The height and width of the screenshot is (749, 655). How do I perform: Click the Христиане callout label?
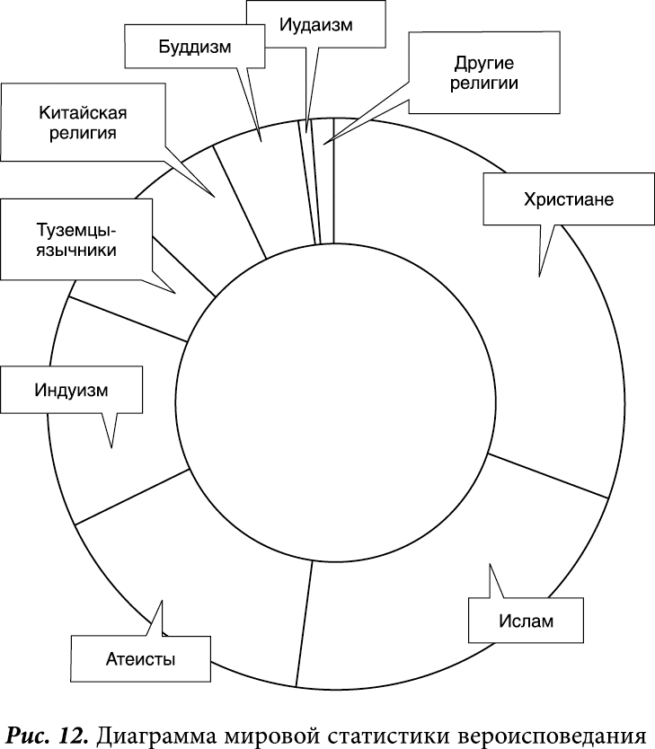(569, 199)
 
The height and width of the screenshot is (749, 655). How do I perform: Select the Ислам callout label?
(526, 621)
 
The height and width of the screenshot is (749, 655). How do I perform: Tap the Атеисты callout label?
(140, 659)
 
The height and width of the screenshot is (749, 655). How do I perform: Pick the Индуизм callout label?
(71, 390)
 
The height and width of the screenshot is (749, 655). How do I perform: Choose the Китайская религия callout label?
(84, 122)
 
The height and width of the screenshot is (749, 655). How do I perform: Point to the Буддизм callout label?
(195, 47)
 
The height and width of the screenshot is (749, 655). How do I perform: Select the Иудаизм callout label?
(315, 24)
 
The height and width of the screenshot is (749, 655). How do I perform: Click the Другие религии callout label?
(484, 73)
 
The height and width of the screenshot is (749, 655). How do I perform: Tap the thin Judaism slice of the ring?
(309, 181)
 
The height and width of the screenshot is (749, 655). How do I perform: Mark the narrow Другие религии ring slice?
(326, 181)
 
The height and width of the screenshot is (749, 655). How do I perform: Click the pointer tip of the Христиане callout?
(539, 276)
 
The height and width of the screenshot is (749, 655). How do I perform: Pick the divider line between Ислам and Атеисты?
(304, 623)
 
